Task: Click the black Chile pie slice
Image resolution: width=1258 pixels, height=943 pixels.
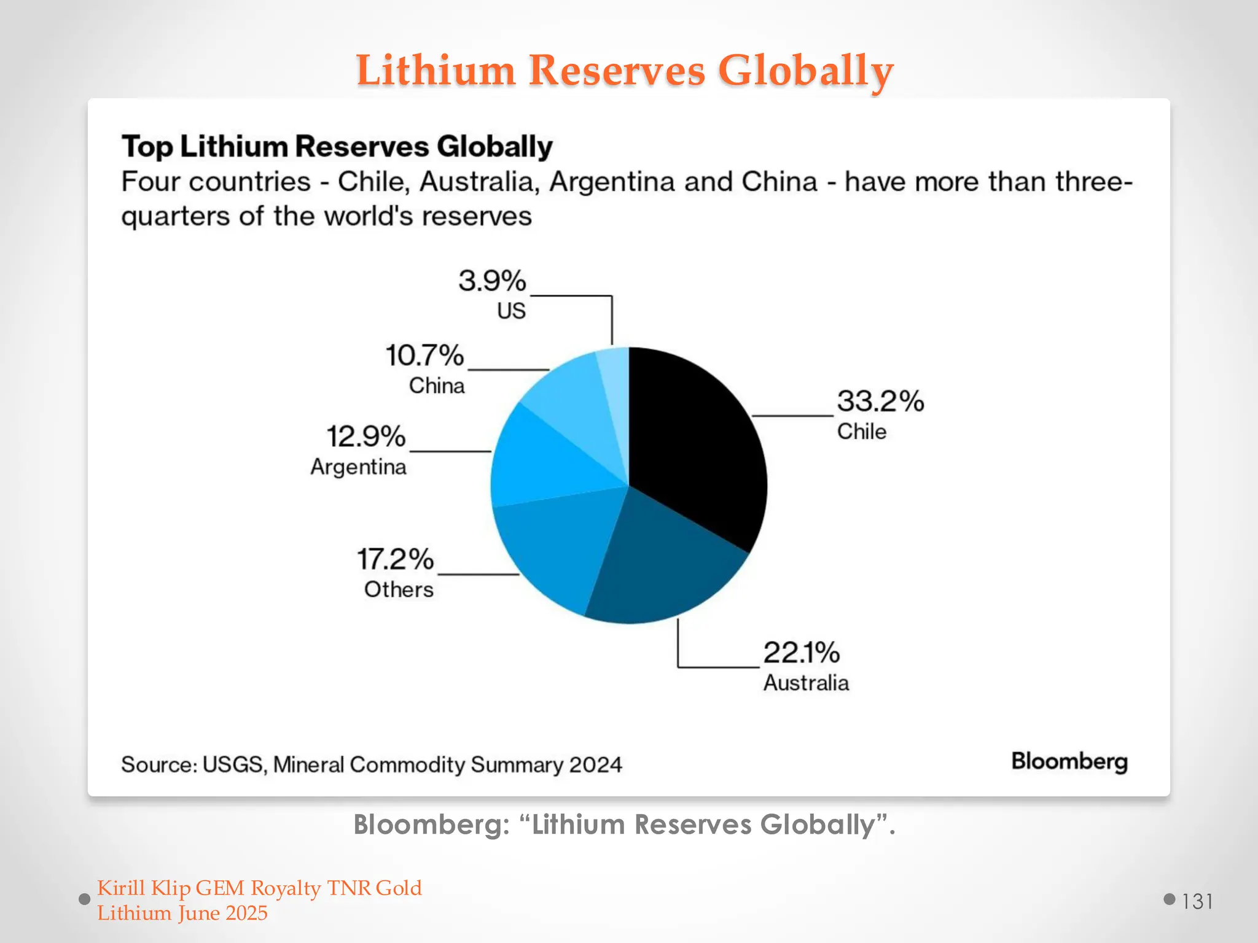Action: coord(694,442)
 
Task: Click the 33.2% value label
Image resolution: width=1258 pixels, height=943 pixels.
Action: coord(880,402)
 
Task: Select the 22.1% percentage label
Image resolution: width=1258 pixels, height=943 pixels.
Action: coord(801,653)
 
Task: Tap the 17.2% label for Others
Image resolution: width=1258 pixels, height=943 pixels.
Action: coord(395,559)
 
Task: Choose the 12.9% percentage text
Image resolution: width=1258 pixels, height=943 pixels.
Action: coord(365,437)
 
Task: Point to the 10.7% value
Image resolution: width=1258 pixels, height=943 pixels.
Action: coord(424,355)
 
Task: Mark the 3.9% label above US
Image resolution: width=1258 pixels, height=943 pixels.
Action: coord(492,281)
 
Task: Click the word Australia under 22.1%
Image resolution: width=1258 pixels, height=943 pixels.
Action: coord(806,683)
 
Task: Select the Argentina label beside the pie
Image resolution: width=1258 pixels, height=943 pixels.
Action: coord(358,467)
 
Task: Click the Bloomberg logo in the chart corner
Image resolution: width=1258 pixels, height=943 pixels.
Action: coord(1069,762)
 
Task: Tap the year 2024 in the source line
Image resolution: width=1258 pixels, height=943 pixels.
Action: coord(595,765)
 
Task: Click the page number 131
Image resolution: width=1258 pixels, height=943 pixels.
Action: coord(1197,901)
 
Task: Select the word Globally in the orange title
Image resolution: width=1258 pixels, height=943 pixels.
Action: coord(805,70)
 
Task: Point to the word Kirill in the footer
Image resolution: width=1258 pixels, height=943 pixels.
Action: coord(121,888)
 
